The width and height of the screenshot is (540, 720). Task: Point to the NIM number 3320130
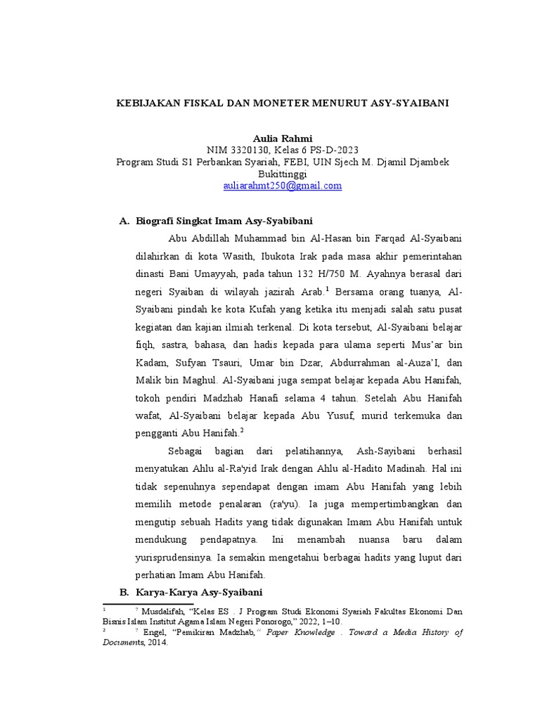point(247,150)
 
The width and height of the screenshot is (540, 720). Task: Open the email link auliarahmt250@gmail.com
point(282,186)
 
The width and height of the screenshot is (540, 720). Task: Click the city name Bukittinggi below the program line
point(282,174)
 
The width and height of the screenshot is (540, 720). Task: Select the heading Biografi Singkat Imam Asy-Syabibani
point(224,221)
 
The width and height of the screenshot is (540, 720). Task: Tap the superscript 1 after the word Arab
point(328,289)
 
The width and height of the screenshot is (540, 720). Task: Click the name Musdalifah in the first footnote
point(166,612)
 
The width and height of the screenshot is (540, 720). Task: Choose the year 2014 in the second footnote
point(158,642)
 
